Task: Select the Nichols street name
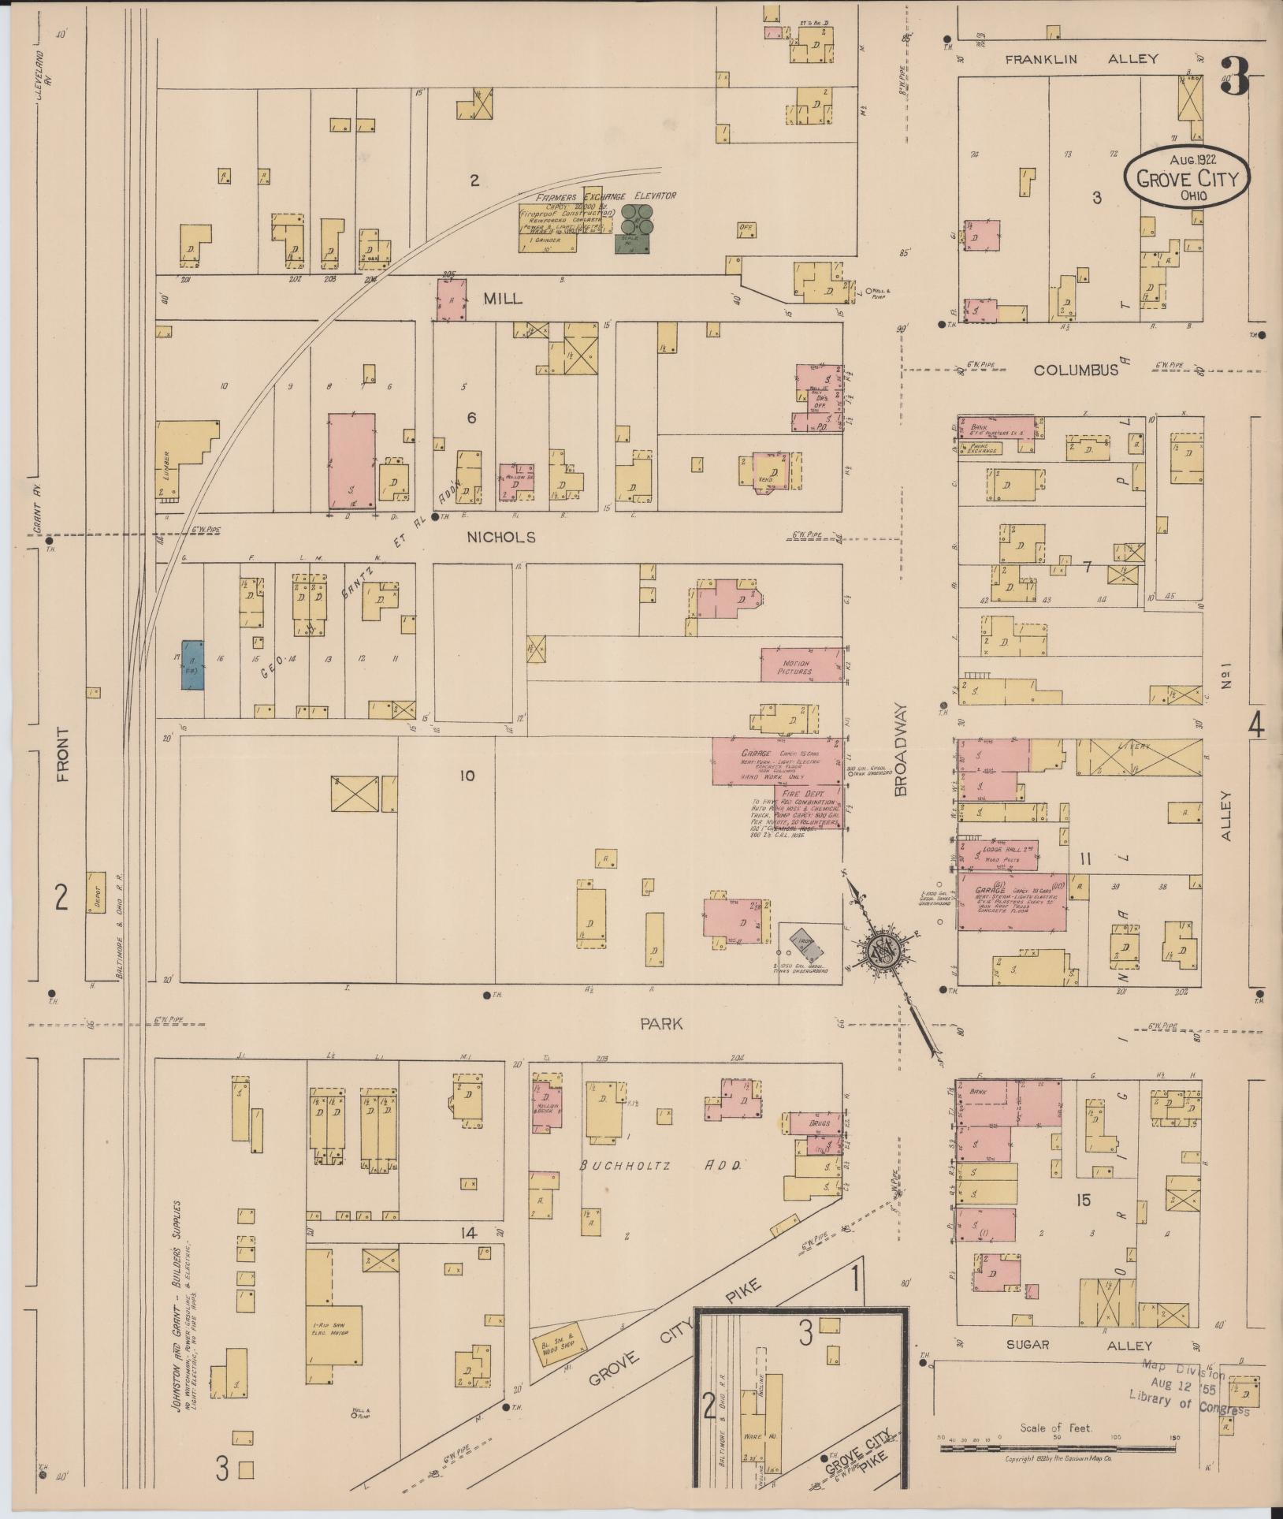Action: (x=501, y=538)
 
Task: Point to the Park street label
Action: (x=661, y=1024)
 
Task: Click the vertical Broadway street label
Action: (x=901, y=750)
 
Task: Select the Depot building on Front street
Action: (x=96, y=892)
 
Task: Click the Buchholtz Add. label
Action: (x=660, y=1166)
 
